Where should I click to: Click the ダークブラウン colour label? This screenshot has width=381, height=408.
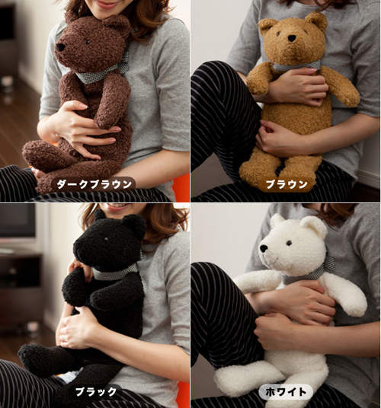94,184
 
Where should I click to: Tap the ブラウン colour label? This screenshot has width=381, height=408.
287,184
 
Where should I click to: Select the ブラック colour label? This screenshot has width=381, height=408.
96,391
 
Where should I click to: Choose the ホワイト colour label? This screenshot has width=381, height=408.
286,391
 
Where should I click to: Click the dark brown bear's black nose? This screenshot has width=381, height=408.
61,47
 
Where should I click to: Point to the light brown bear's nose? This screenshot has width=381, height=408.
292,38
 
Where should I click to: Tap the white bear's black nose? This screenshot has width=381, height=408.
264,248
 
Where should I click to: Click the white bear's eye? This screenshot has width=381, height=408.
289,243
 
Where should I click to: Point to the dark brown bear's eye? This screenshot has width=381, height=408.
88,42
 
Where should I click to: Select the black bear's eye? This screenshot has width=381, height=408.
106,238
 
